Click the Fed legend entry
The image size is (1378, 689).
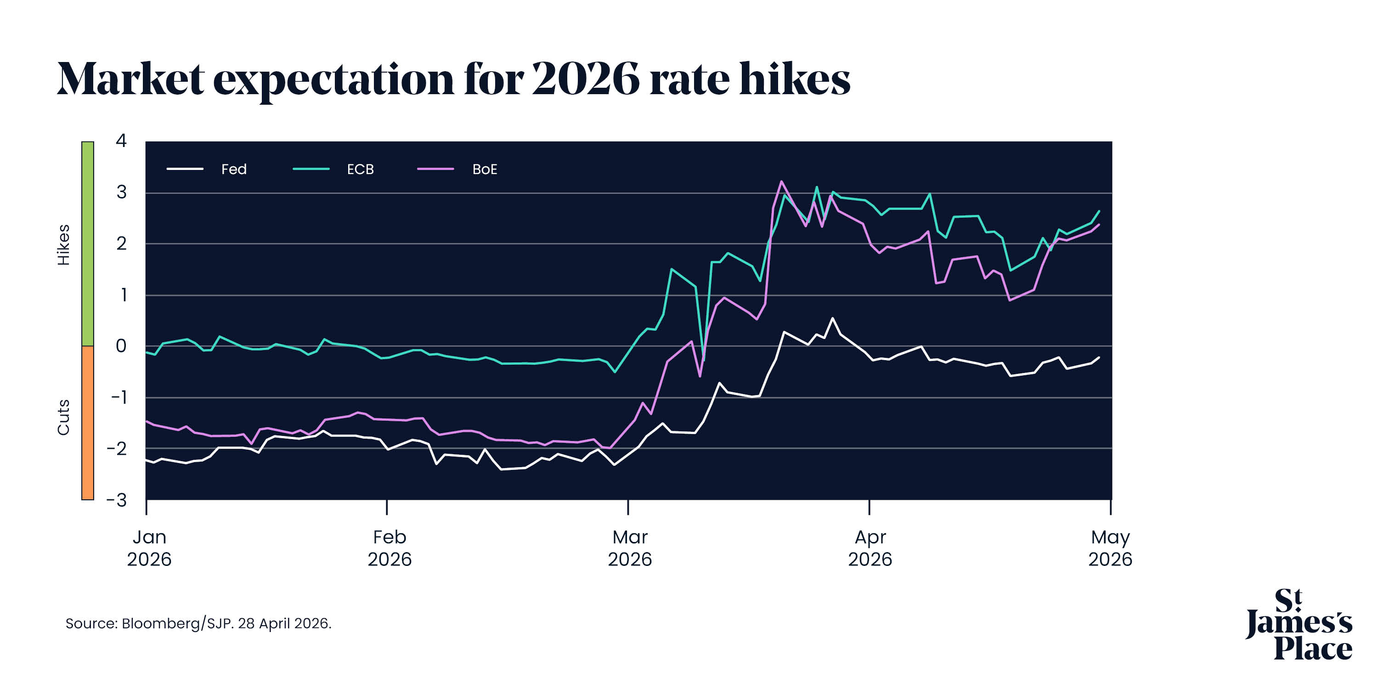tap(234, 169)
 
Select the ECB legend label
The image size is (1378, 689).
tap(360, 169)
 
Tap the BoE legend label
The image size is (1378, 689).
tap(485, 169)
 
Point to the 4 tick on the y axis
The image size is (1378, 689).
tap(121, 141)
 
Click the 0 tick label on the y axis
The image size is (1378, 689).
tap(121, 346)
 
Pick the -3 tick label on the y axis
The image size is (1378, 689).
tap(117, 500)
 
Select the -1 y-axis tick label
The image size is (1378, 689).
tap(119, 397)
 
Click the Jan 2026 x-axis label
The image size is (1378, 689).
tap(149, 548)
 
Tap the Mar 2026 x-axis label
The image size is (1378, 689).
tap(630, 548)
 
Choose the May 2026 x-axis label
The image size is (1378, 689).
tap(1110, 548)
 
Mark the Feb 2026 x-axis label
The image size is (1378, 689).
tap(390, 548)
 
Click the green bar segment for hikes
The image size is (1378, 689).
tap(88, 243)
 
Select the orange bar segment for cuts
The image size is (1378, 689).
tap(88, 423)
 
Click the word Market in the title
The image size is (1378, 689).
tap(130, 79)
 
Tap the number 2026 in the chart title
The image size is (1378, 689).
tap(585, 79)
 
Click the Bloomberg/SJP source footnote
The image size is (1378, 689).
tap(198, 623)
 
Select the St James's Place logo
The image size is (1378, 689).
tap(1299, 624)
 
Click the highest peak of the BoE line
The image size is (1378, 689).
tap(781, 181)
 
